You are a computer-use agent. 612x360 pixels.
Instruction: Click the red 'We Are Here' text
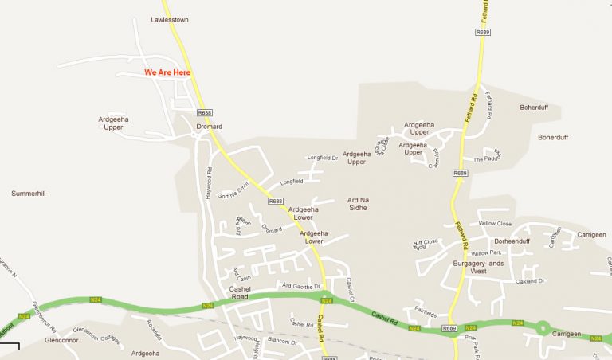[x=167, y=72]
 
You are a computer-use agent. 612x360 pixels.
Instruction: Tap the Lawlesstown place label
[x=170, y=20]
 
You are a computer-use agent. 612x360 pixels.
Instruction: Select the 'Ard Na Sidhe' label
[x=357, y=202]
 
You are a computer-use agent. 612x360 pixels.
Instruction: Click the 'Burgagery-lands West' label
[x=478, y=267]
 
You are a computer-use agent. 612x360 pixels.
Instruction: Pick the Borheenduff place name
[x=512, y=241]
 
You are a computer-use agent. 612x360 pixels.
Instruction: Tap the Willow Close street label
[x=495, y=224]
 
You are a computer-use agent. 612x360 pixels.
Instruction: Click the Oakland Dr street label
[x=529, y=281]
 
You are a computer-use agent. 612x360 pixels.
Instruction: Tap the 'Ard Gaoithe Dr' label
[x=301, y=285]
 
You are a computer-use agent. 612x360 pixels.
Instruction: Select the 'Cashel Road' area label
[x=239, y=292]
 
